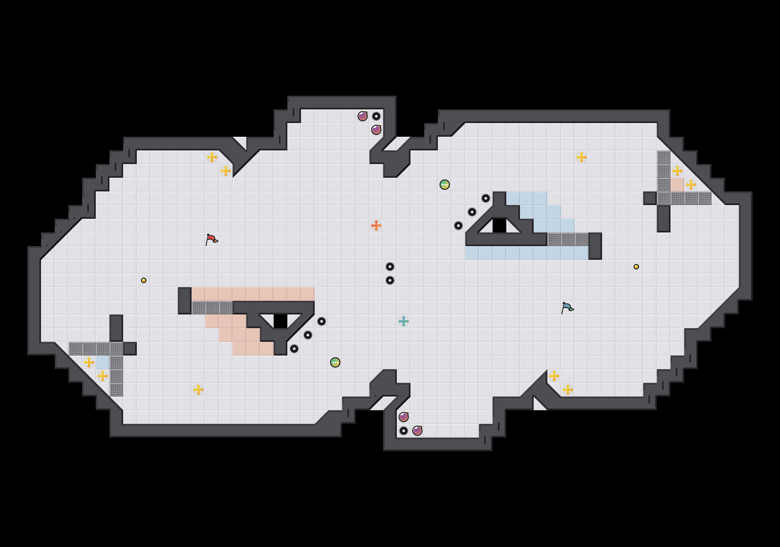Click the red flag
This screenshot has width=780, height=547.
211,239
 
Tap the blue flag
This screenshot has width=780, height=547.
567,307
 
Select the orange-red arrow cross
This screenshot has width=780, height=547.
376,226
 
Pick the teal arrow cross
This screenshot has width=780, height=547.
404,321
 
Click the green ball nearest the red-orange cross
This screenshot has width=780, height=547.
445,185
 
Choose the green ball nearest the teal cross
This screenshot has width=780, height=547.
335,362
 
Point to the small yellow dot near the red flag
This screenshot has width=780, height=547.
144,280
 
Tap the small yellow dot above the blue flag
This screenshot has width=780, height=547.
636,267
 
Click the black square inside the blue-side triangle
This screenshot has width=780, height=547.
499,226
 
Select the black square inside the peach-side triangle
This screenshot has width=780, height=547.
281,321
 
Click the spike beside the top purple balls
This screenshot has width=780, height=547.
376,116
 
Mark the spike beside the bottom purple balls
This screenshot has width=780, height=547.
404,431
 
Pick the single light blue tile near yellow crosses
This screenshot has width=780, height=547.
103,362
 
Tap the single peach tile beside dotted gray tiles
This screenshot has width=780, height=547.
677,185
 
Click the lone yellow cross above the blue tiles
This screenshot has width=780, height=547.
582,157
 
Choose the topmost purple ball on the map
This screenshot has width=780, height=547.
363,116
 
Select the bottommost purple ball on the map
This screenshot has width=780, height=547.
417,431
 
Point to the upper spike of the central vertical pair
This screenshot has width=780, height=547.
390,267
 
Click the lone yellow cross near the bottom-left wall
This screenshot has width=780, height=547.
198,390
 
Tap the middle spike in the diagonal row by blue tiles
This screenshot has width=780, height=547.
472,212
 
